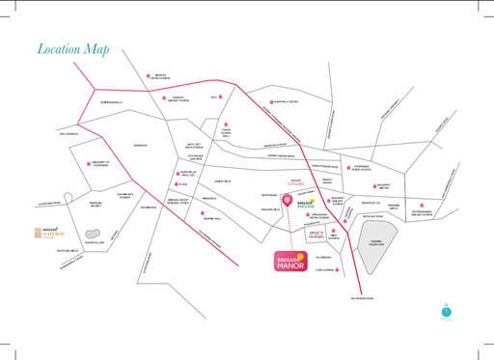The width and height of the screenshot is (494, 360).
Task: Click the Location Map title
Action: coord(73,49)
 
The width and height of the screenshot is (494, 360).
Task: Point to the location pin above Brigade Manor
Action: coord(287,200)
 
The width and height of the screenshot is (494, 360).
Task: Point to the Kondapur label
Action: coord(140,146)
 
